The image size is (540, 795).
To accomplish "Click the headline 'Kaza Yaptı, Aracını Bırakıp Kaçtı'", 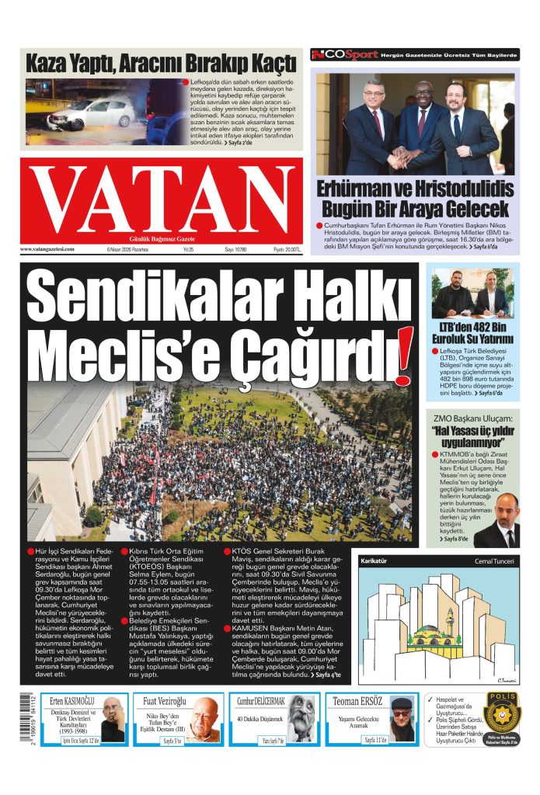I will click(161, 62).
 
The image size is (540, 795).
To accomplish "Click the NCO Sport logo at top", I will click(345, 54).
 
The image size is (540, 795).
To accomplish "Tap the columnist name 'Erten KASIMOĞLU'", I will click(72, 701).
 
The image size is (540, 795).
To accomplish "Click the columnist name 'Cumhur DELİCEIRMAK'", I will click(261, 701).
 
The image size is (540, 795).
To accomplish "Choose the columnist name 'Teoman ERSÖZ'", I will click(357, 701).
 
